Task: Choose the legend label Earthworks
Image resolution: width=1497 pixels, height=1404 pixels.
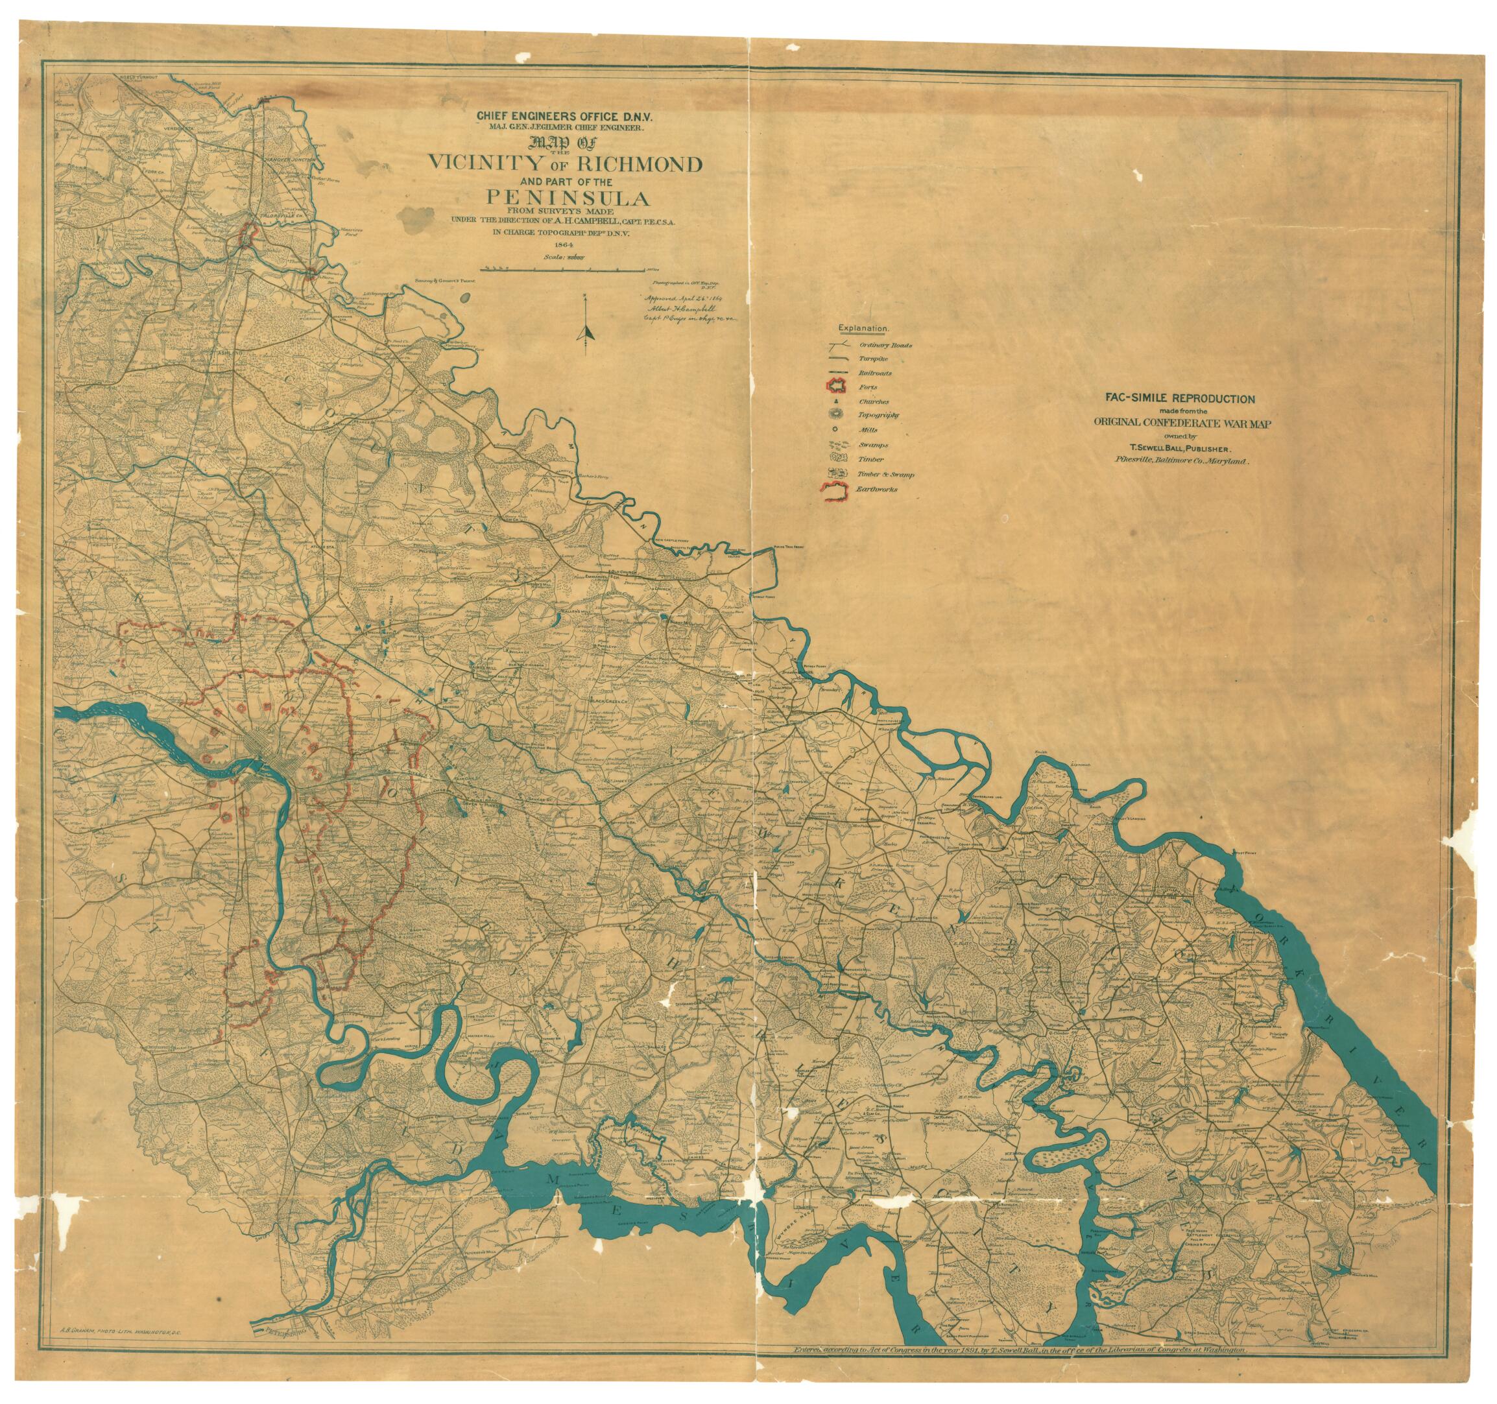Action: point(876,490)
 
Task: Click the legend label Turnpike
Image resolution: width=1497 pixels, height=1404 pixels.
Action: point(873,359)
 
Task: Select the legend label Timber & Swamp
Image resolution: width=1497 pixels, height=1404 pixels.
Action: point(885,475)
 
